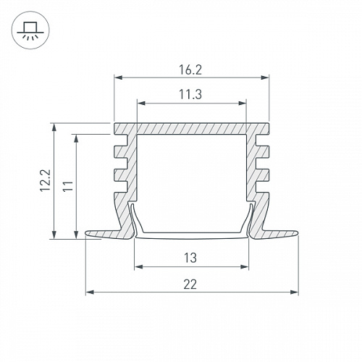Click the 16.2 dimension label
(190, 70)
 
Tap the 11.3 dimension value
(190, 94)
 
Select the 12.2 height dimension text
(46, 180)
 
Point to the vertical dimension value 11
(68, 185)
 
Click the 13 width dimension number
(190, 258)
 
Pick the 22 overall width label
(190, 285)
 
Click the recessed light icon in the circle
(30, 30)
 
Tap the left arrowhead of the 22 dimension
(90, 292)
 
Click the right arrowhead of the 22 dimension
(294, 292)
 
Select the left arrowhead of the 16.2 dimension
(118, 77)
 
